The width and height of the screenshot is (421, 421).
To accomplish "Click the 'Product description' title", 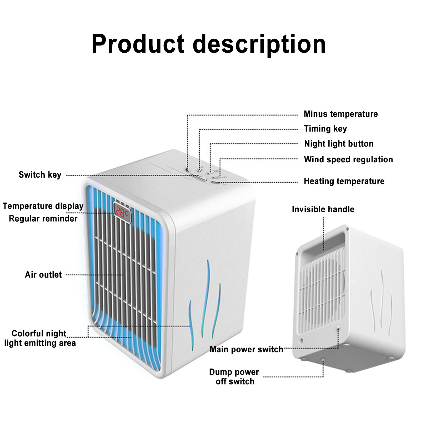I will [x=209, y=44].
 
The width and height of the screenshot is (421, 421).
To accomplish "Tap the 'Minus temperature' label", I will [x=341, y=114].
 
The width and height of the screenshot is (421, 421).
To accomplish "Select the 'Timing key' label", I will [x=325, y=129].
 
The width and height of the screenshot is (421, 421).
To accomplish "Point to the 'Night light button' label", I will [x=339, y=144].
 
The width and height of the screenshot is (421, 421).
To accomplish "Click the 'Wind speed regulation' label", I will [x=348, y=159].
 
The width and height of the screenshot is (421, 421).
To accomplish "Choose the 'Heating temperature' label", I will [x=344, y=181].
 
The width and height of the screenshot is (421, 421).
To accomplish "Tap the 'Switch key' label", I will [x=40, y=175].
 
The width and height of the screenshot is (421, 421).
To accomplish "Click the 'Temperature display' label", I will [x=43, y=206].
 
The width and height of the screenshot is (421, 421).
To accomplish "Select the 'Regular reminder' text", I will [x=43, y=219].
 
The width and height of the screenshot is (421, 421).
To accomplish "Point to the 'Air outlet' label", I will [x=43, y=275].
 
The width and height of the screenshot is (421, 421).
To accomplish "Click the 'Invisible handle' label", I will [x=323, y=209].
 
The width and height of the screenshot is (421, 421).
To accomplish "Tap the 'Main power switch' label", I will [x=246, y=349].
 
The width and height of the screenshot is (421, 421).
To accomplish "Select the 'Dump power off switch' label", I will [x=234, y=377].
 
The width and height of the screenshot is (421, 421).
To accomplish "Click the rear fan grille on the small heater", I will [x=322, y=289].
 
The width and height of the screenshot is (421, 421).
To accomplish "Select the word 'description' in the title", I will [x=259, y=44].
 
